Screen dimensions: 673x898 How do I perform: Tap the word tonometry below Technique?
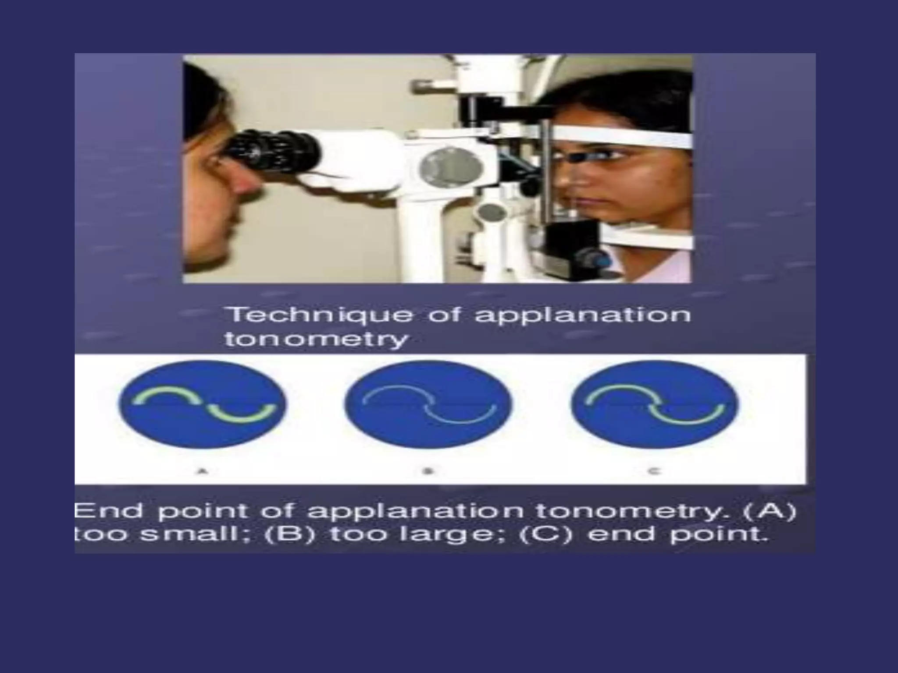316,339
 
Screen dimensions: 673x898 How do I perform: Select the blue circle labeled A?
203,404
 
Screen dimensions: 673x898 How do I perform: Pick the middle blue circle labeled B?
428,404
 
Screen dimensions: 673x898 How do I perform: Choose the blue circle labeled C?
655,404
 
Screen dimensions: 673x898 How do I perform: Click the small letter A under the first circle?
202,471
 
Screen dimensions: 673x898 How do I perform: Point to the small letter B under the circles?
428,471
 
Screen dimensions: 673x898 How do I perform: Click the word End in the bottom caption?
109,511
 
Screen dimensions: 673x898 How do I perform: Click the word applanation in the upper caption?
583,315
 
